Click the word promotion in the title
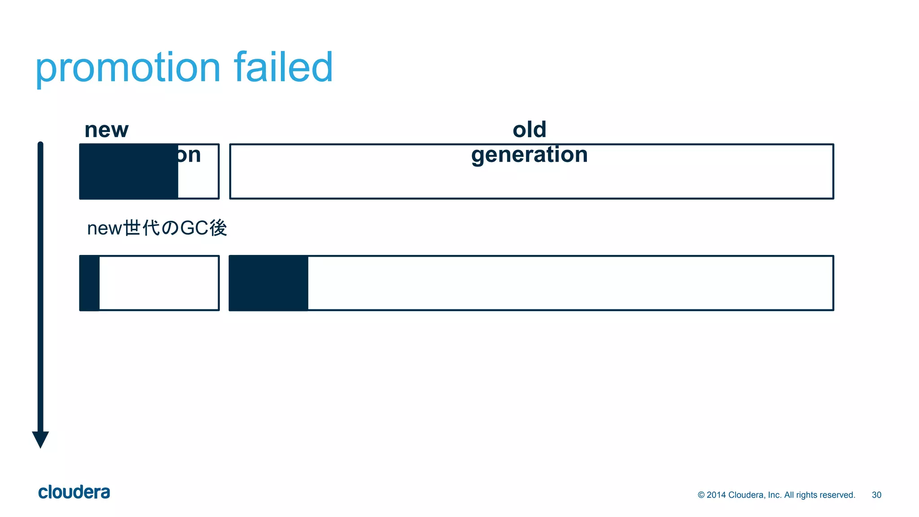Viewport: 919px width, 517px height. coord(128,68)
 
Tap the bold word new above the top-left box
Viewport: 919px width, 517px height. coord(106,130)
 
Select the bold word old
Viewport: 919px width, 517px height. coord(530,130)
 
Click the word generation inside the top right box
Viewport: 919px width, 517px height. coord(530,155)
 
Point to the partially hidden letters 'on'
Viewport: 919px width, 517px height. coord(189,155)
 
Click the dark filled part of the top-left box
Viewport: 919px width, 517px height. coord(129,171)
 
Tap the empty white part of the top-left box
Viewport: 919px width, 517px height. coord(198,180)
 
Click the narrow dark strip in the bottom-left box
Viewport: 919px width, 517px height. coord(90,283)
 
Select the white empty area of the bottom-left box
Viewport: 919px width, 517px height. coord(159,283)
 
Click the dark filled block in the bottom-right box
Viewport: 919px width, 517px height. coord(269,283)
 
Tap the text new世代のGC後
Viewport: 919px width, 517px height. coord(157,228)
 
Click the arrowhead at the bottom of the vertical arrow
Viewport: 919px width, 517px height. coord(40,439)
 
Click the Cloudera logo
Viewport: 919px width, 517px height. coord(74,492)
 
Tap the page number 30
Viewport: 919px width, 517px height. coord(876,495)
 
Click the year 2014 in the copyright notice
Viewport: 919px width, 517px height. coord(716,495)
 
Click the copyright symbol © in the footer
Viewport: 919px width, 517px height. coord(701,495)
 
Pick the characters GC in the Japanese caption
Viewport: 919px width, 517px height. coord(194,228)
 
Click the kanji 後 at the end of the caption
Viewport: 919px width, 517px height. coord(218,228)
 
